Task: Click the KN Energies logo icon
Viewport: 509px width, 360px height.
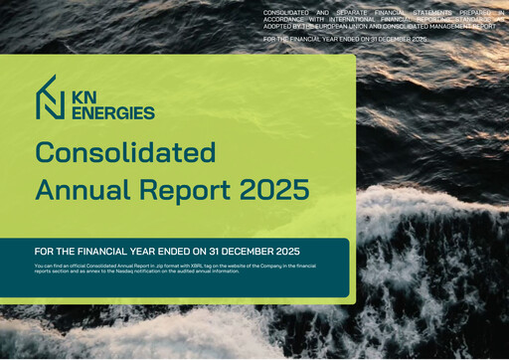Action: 50,97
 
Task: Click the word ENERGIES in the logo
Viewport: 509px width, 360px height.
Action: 112,112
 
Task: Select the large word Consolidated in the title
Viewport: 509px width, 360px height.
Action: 125,152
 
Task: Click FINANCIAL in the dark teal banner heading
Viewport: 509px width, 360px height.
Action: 121,251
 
